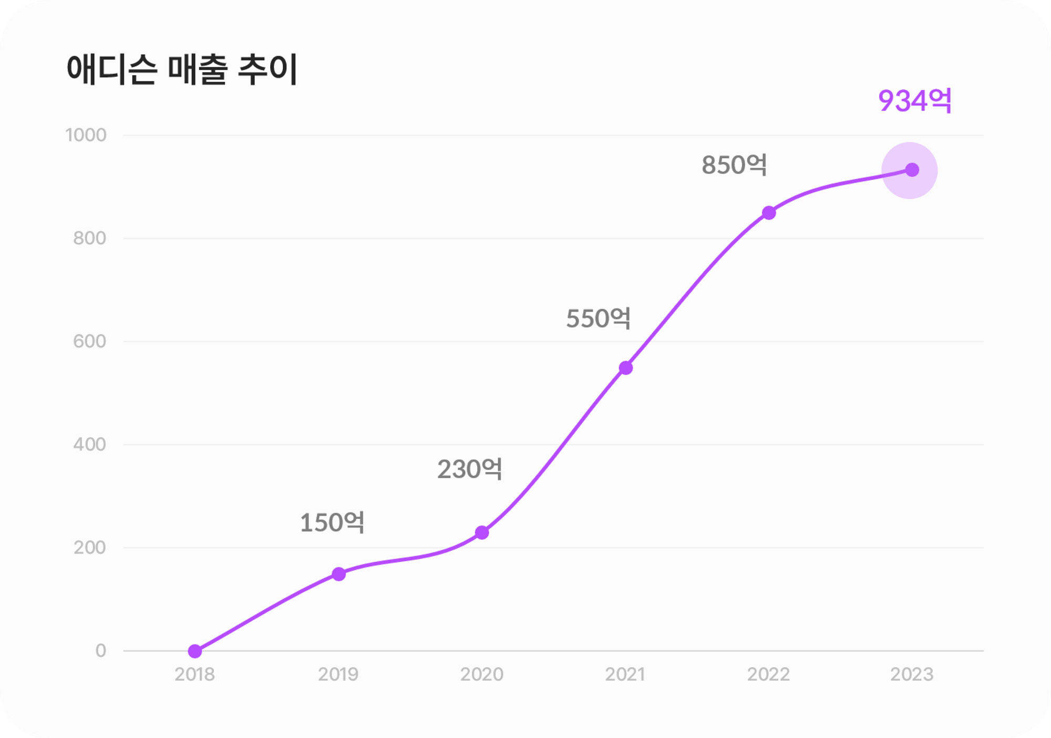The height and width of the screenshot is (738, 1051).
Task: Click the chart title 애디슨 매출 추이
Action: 182,70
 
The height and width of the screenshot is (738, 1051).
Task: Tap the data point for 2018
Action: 195,651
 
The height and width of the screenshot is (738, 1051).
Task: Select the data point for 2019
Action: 339,574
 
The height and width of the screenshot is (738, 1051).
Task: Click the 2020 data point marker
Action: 482,532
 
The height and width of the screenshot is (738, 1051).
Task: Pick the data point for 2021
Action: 625,368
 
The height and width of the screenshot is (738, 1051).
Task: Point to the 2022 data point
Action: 769,213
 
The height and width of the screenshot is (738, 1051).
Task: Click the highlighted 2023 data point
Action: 912,170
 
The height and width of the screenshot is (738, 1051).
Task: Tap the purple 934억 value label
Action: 915,101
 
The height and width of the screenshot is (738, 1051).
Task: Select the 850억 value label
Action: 734,165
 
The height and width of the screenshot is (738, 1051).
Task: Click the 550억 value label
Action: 598,319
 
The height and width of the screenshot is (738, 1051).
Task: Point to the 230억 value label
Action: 469,469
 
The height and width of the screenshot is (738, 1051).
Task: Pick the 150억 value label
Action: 332,523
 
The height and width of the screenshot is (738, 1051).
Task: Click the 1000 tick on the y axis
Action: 86,135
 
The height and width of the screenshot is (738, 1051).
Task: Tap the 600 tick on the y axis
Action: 89,342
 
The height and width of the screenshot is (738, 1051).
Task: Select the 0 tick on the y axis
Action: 100,651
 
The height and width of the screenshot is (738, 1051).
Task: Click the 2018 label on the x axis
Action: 194,674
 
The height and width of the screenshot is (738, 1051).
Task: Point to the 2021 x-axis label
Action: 625,674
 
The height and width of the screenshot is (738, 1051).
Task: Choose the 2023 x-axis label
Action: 912,674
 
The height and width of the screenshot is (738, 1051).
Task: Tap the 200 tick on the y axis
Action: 89,548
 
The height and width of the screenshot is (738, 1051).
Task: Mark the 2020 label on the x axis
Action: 482,674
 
